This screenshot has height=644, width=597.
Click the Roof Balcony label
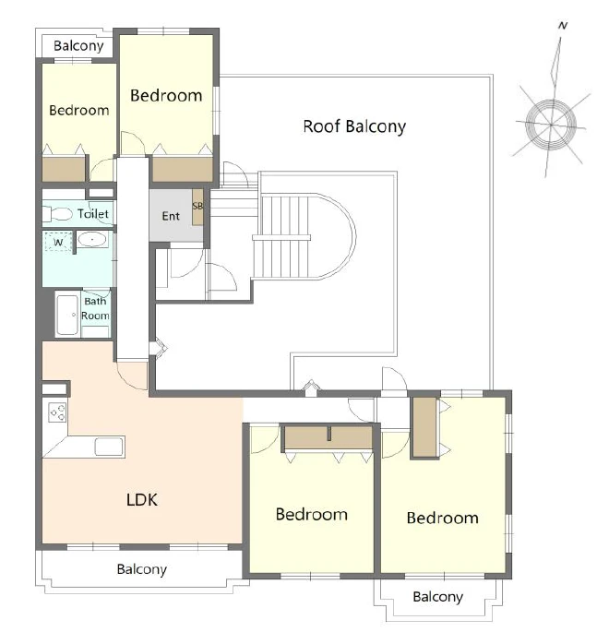point(354,126)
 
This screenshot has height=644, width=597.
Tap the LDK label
point(142,499)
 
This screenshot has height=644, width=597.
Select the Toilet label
point(93,213)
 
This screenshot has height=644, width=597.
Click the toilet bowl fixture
point(57,213)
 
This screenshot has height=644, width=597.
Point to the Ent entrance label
point(171,216)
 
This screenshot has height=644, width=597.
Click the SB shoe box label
point(197,206)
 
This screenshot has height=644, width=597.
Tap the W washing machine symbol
point(58,242)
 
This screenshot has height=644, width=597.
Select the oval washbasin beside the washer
point(92,239)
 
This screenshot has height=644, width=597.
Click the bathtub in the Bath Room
point(67,315)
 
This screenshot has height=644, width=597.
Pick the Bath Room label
point(95,308)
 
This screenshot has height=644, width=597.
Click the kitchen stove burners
point(57,412)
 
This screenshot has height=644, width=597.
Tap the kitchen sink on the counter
point(109,447)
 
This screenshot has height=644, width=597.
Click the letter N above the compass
point(563,26)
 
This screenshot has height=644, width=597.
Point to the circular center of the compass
point(551,124)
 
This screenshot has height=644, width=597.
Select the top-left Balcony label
point(78,45)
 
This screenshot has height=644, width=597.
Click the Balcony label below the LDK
point(142,569)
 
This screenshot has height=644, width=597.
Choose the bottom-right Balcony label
point(437,596)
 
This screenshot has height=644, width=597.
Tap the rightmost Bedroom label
point(443,518)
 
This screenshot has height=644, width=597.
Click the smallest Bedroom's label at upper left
point(78,110)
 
